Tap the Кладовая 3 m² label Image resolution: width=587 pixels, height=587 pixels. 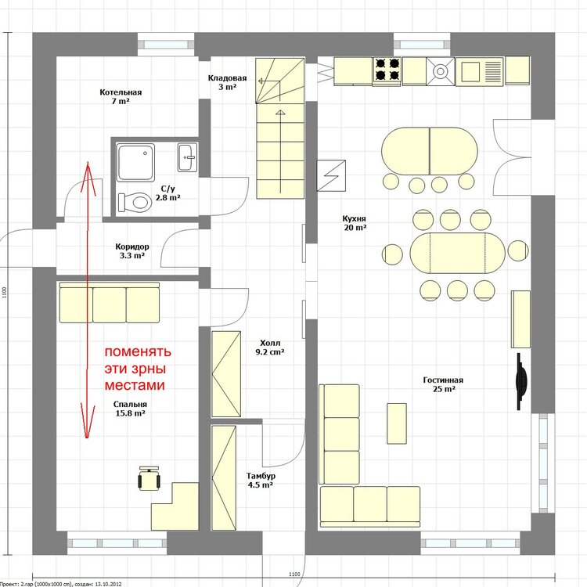227,82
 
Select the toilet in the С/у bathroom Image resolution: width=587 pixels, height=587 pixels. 134,203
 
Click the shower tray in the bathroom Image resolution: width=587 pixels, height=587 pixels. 135,163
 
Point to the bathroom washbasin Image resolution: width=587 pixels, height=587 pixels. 187,157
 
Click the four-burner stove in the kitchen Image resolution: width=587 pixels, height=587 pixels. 387,70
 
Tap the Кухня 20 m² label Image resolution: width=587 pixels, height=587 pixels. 355,223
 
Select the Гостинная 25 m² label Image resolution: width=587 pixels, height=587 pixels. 443,384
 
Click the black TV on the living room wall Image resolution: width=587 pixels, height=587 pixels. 520,381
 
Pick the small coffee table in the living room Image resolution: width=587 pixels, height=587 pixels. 397,423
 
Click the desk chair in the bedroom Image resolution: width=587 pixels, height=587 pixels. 149,478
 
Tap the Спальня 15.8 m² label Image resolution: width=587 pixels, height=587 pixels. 130,409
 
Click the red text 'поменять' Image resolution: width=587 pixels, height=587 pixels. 138,352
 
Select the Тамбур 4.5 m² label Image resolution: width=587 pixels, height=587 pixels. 261,481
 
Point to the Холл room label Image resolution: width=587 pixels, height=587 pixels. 270,343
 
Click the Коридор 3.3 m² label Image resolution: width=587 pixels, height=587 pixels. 132,250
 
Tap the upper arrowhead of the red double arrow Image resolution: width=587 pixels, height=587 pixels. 88,163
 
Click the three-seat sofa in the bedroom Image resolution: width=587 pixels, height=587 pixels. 110,302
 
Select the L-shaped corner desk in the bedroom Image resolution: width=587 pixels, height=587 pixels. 175,506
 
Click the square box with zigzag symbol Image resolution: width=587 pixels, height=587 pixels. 331,175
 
